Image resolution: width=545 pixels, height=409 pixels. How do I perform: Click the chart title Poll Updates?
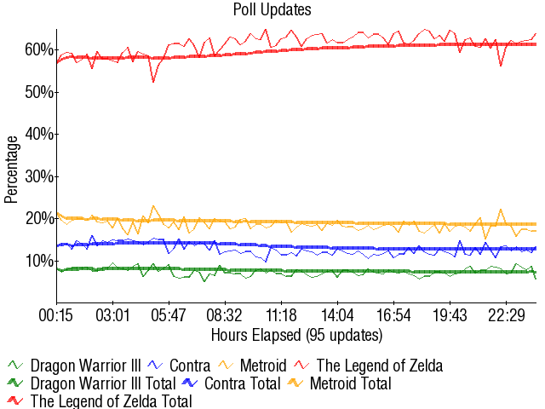point(272,9)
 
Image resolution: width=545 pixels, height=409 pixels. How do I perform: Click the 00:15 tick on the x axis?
point(57,315)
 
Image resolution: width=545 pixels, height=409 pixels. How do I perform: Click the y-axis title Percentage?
point(11,169)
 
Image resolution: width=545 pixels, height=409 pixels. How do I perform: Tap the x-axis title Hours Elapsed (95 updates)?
point(296,333)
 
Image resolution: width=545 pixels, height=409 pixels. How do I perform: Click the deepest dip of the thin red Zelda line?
point(153,82)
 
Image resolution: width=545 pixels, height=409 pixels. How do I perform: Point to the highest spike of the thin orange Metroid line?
point(153,205)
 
